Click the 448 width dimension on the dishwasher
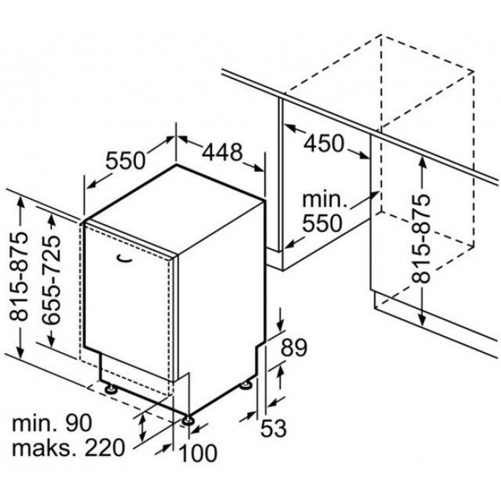tap(223, 152)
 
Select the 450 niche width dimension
tap(324, 143)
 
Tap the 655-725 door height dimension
tap(51, 280)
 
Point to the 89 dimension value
tap(294, 347)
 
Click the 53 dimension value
tap(273, 428)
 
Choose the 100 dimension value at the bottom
tap(198, 453)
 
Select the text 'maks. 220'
tap(68, 447)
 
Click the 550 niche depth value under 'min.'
tap(322, 223)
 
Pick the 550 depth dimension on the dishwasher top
tap(125, 160)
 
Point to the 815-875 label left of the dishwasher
tap(18, 276)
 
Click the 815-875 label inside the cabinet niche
tap(421, 238)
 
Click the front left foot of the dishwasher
tap(111, 389)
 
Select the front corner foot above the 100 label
tap(188, 419)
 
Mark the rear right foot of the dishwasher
tap(246, 384)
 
